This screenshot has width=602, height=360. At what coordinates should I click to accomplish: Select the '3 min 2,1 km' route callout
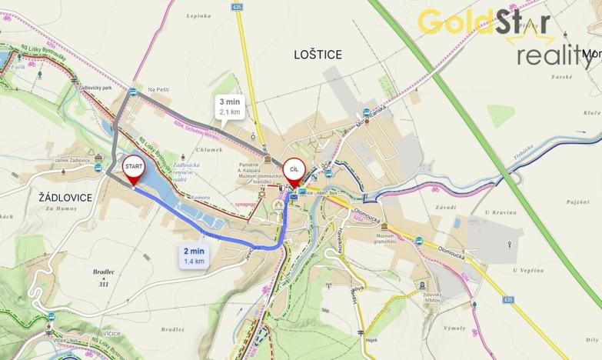230,106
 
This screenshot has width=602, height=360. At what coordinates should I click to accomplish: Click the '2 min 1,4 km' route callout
194,255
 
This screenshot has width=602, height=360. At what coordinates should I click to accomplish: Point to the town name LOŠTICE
318,54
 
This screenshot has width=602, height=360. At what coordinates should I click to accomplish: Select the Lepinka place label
198,15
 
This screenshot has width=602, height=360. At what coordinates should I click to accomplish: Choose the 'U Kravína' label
504,213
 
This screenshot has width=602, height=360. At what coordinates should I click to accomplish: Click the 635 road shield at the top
236,5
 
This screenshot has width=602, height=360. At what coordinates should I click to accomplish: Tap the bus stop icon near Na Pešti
134,92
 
